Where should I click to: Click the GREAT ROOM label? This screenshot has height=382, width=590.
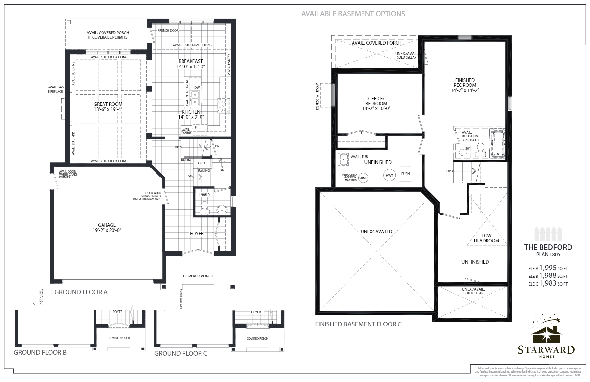tap(108, 104)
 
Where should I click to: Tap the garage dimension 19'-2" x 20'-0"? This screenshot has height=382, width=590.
tap(107, 230)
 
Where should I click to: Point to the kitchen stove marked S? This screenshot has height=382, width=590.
tap(223, 106)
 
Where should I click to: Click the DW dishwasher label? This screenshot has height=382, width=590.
tap(197, 88)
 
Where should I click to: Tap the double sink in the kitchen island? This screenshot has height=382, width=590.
tap(195, 98)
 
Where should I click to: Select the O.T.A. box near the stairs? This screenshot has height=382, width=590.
tap(202, 163)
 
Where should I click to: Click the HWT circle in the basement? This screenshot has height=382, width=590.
tap(389, 176)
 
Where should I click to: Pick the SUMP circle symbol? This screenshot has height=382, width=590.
tap(363, 178)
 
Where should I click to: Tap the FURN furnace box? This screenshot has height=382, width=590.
tap(406, 174)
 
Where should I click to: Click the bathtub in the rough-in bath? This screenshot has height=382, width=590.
tap(497, 144)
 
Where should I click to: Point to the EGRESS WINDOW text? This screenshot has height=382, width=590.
tap(317, 97)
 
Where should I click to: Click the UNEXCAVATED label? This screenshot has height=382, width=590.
tap(376, 232)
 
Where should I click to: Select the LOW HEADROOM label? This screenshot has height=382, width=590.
tap(486, 238)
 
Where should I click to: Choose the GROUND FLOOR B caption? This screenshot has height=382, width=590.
tap(40, 353)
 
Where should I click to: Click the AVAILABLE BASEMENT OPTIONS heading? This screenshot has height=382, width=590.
tap(353, 14)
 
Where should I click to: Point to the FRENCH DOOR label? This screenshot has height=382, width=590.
tap(168, 31)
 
